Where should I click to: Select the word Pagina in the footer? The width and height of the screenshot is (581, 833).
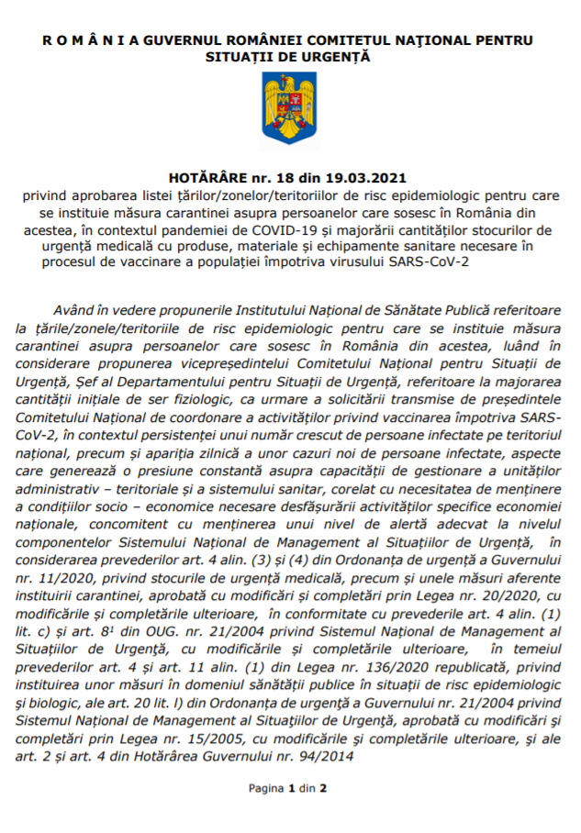tap(266, 788)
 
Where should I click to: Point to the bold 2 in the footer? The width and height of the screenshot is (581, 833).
tap(323, 788)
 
